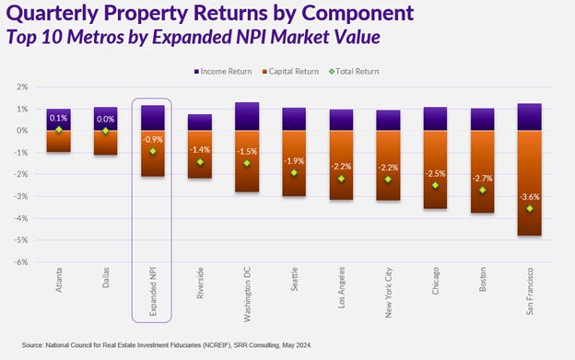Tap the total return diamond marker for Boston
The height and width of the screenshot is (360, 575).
pos(482,191)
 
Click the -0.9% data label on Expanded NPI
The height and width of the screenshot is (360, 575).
pos(152,140)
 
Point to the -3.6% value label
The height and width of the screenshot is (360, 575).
pos(529,197)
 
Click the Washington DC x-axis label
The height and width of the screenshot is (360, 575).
pos(247,293)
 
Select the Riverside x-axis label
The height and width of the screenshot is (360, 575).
pos(200,287)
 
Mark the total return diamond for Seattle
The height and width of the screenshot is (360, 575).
pos(294,173)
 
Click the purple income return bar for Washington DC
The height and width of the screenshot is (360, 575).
pos(246,116)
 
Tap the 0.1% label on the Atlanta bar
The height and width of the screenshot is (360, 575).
pos(58,119)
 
